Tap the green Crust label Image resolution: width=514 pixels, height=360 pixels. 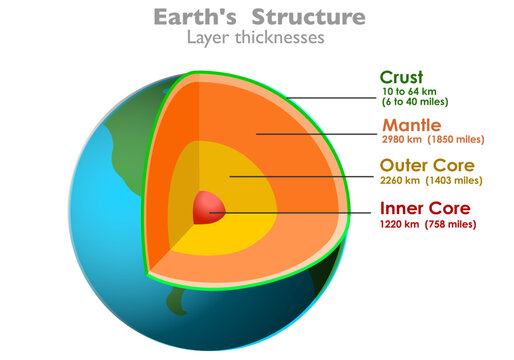[402, 77]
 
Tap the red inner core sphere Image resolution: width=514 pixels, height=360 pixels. [209, 208]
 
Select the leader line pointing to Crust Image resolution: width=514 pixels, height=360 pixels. [330, 97]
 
